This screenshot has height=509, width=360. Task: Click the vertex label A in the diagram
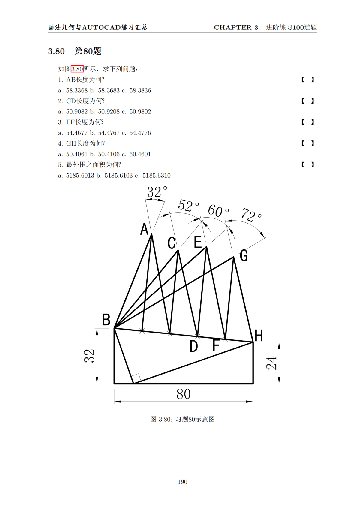(144, 229)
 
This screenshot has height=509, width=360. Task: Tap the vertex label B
(106, 320)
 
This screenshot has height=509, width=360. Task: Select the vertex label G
(244, 256)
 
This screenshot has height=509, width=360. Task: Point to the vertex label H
(259, 336)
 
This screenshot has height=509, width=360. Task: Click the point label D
(194, 346)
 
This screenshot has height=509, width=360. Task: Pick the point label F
(216, 345)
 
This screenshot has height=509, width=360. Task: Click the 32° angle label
(157, 192)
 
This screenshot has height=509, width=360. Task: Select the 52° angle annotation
(188, 206)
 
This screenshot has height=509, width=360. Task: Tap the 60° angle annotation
(218, 211)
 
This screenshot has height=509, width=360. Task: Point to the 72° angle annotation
(251, 215)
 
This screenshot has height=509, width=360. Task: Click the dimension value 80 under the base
(183, 394)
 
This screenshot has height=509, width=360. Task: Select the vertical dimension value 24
(271, 363)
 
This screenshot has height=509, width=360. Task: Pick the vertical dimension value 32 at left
(89, 356)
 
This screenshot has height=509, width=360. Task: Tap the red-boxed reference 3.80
(77, 69)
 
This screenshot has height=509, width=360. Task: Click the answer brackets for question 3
(307, 122)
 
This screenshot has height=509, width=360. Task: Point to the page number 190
(182, 482)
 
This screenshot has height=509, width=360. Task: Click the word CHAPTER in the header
(232, 27)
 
